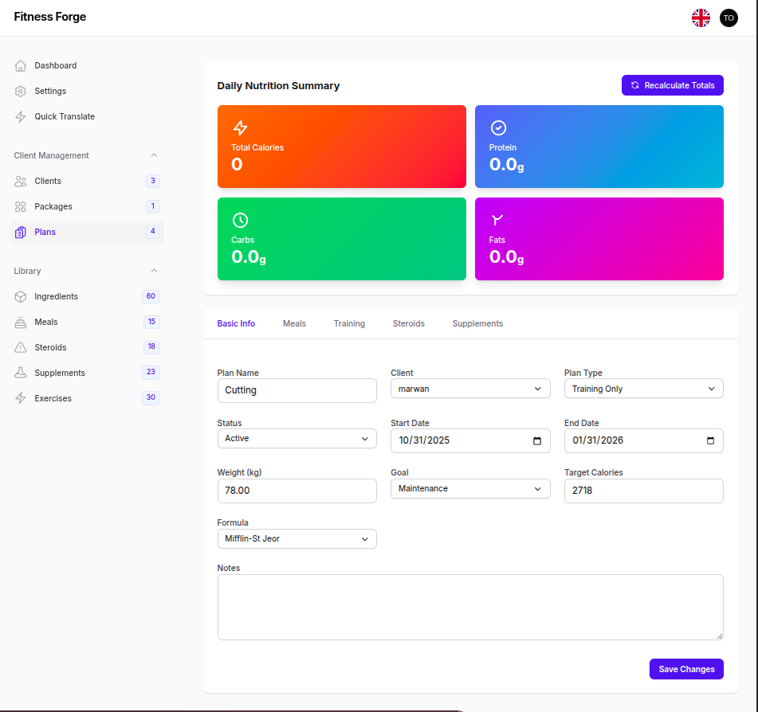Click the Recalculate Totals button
(x=672, y=85)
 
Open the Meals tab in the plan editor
(x=294, y=323)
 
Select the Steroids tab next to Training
(x=408, y=323)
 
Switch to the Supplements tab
(x=477, y=323)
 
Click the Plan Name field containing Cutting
(x=297, y=390)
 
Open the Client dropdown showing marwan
(x=470, y=389)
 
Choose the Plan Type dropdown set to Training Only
(x=643, y=389)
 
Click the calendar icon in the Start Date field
(x=537, y=440)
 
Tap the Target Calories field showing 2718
(x=643, y=491)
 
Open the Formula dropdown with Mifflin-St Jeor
(x=297, y=539)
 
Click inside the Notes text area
(x=470, y=607)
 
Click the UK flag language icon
(x=701, y=18)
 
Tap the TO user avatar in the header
(x=729, y=18)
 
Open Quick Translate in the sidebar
(x=64, y=116)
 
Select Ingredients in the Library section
(x=56, y=296)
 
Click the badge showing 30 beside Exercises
(x=151, y=397)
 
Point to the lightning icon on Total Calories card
(x=240, y=127)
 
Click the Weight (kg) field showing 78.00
(x=297, y=491)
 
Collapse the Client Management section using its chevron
(x=154, y=155)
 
